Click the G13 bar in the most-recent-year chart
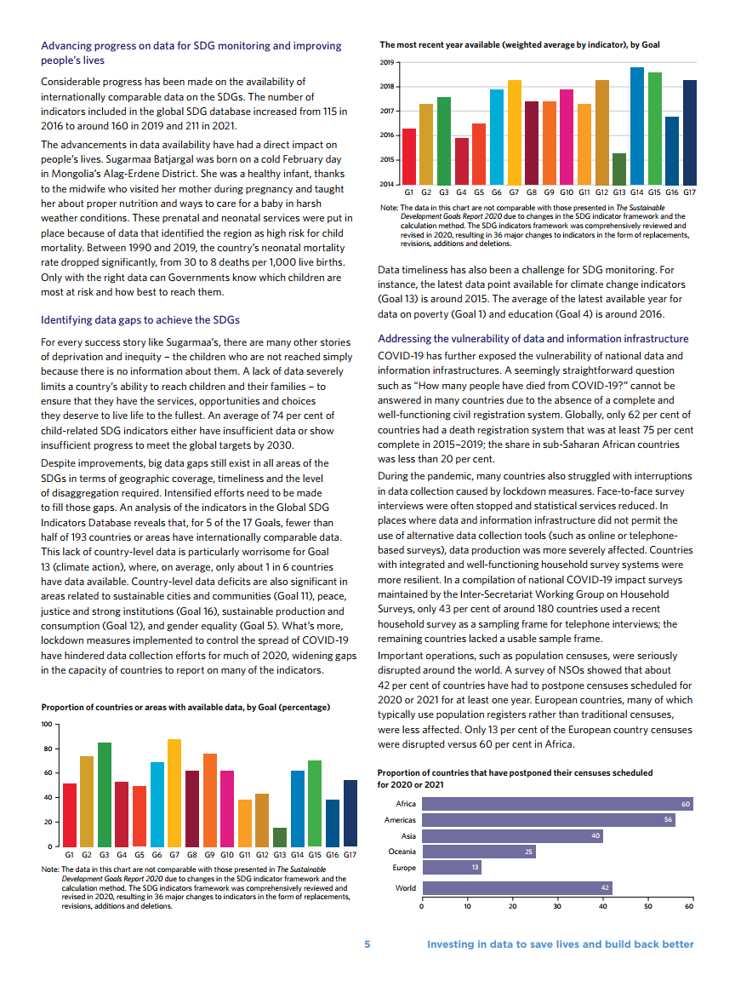(x=618, y=169)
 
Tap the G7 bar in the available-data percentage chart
(x=174, y=792)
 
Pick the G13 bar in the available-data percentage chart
(x=280, y=836)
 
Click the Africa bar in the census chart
(x=557, y=804)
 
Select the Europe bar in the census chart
(x=451, y=868)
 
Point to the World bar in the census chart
(x=516, y=888)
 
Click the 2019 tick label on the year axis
(x=386, y=63)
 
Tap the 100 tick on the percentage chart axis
(x=47, y=725)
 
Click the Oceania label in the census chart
(x=402, y=852)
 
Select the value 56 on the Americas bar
(x=669, y=820)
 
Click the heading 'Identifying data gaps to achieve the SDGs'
(x=140, y=319)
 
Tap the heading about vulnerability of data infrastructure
(x=533, y=339)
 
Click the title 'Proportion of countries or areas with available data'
(x=185, y=707)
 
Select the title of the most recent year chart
(x=519, y=44)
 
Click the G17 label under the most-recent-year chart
(x=689, y=192)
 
